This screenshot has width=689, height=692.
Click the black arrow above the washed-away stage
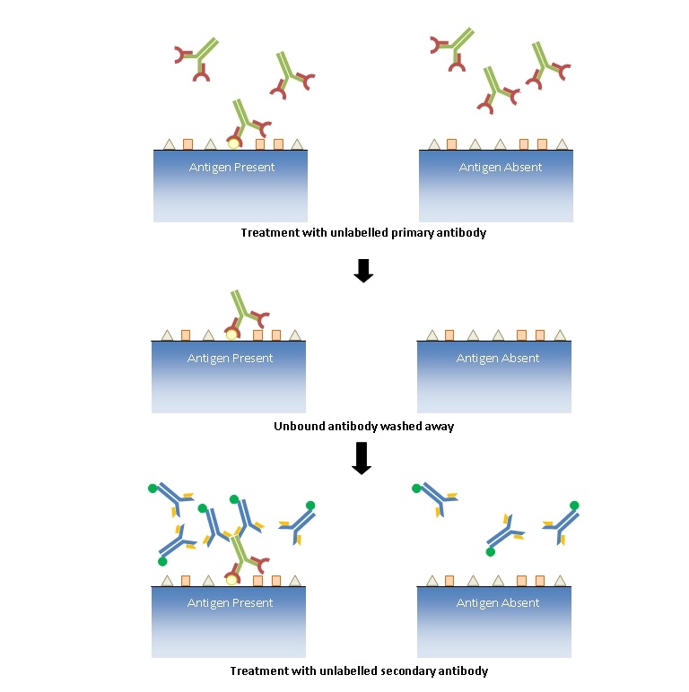[x=363, y=272]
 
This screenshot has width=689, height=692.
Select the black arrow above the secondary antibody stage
[x=362, y=458]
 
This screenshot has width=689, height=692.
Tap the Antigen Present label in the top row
[x=231, y=168]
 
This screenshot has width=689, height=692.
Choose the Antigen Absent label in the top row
[x=501, y=168]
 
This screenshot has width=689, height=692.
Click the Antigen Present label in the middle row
[x=230, y=359]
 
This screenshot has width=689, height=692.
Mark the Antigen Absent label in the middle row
[x=498, y=359]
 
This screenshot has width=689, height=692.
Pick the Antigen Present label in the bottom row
[x=230, y=603]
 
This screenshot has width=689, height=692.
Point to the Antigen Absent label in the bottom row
[x=498, y=603]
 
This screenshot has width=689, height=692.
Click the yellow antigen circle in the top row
[x=234, y=143]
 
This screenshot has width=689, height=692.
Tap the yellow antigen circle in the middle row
[x=232, y=334]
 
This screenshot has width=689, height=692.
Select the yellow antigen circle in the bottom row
[x=232, y=580]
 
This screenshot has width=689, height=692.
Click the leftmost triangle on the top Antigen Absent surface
[x=434, y=143]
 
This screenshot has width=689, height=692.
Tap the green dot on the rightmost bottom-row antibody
[x=574, y=506]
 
